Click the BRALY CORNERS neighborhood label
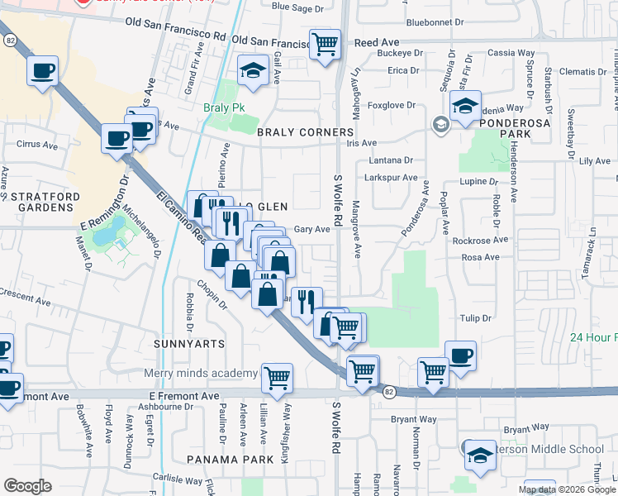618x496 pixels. tap(305, 132)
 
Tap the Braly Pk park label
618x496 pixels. tap(221, 107)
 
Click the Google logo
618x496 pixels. tap(27, 486)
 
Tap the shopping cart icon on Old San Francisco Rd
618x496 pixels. tap(326, 44)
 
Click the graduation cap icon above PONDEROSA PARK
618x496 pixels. tap(466, 107)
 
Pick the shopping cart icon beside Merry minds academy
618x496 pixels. tap(278, 378)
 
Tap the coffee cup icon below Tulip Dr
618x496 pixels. tap(460, 356)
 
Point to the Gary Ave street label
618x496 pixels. tap(312, 229)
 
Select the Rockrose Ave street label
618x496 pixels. tap(481, 241)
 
